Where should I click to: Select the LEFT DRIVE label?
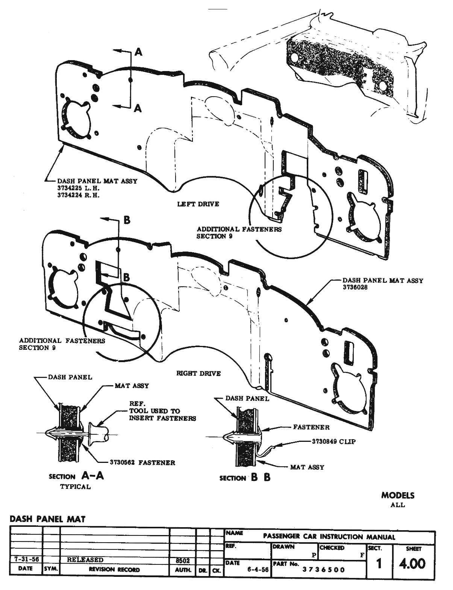coord(198,204)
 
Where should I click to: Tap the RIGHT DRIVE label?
coord(198,373)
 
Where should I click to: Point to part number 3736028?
coord(355,287)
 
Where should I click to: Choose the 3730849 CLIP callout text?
coord(334,442)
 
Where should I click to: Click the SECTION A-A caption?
coord(76,476)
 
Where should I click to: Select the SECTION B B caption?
coord(245,478)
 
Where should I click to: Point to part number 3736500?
coord(324,569)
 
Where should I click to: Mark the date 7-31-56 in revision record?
coord(25,559)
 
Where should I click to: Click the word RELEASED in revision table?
coord(85,560)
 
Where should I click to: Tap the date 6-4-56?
coord(258,569)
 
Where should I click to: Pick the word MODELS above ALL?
coord(398,495)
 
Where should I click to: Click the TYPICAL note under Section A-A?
coord(76,487)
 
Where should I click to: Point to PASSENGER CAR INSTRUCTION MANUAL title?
coord(329,537)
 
